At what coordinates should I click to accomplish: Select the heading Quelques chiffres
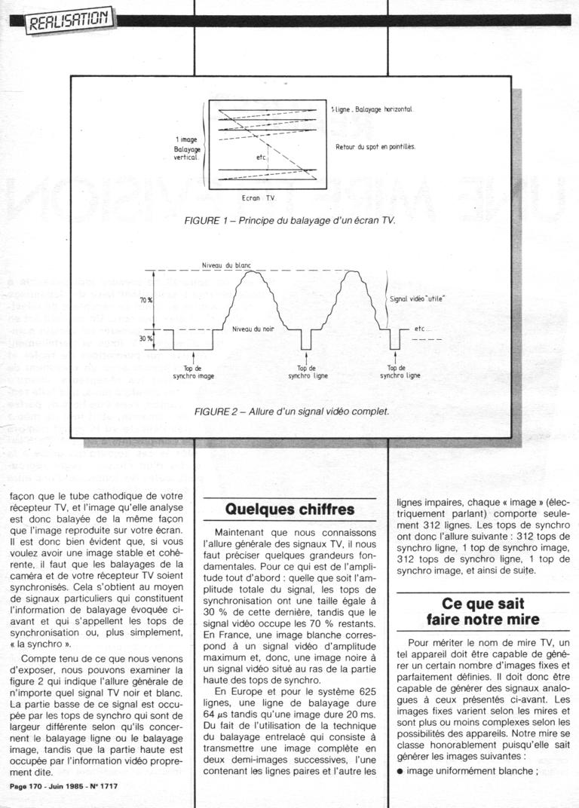290,510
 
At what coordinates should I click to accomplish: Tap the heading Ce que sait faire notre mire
482,612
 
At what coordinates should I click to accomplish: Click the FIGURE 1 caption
289,223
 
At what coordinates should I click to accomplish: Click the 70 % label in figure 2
146,300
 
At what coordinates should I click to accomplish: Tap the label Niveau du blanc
226,266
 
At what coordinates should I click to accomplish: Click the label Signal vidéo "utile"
417,299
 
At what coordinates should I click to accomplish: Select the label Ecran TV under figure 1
258,197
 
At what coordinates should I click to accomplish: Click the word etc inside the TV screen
261,158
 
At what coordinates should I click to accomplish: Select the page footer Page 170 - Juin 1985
64,786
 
